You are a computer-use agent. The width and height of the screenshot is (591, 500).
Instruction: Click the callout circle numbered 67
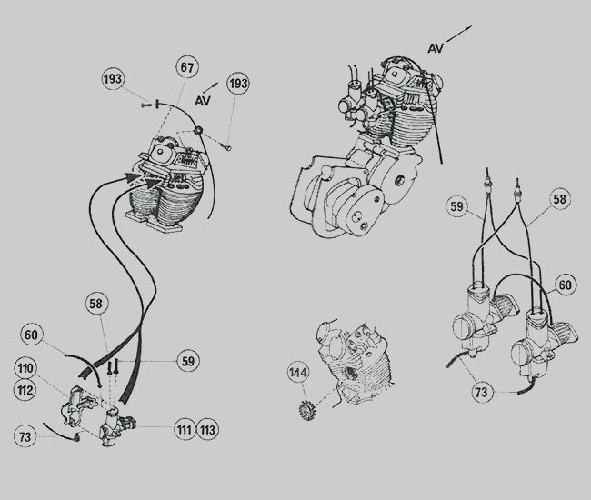coord(187,67)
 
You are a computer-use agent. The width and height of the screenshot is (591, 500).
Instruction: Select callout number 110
coord(25,368)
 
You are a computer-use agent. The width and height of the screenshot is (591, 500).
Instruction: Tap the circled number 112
coord(25,390)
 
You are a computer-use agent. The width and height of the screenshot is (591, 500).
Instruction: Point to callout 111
coord(185,429)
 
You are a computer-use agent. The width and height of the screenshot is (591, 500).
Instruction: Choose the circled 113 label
coord(207,429)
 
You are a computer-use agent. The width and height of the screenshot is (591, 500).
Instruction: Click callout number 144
coord(297,373)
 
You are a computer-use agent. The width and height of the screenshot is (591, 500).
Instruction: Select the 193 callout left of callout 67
coord(113,79)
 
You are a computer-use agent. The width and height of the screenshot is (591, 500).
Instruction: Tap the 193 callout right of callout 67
coord(238,84)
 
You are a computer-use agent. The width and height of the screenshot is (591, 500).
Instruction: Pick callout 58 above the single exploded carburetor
coord(96,304)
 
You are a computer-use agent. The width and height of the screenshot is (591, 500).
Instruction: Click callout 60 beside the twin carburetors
coord(565,285)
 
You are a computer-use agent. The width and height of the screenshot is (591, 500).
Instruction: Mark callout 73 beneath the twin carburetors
coord(481,392)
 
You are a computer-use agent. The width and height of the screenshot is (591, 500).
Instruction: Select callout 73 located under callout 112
coord(25,437)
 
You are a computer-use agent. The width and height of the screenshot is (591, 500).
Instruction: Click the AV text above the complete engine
coord(436,48)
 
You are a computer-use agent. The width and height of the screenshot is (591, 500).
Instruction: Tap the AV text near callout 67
coord(203,101)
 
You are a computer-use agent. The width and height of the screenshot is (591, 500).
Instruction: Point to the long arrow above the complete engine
coord(459,34)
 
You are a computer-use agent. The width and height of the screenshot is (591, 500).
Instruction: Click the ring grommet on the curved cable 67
coord(198,131)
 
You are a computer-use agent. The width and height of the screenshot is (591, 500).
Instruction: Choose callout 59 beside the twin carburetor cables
coord(456,206)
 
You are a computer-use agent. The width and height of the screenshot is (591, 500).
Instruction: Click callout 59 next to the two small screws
coord(188,361)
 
